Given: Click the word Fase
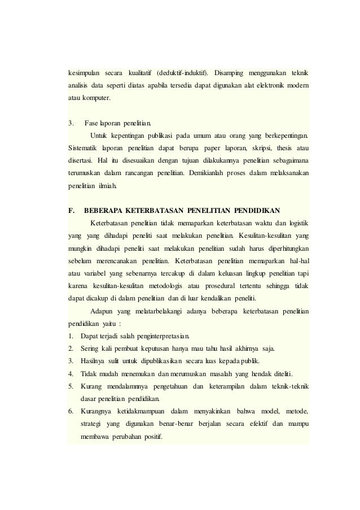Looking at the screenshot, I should tap(91, 124).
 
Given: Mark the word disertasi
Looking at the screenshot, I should tap(81, 162).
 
